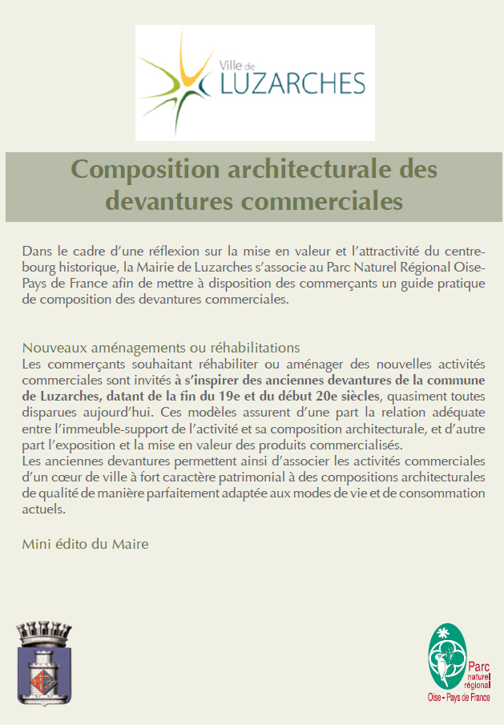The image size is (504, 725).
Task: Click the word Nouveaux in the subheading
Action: tap(50, 348)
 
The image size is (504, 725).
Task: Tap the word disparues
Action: tap(47, 414)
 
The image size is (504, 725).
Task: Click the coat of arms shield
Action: tap(45, 668)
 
